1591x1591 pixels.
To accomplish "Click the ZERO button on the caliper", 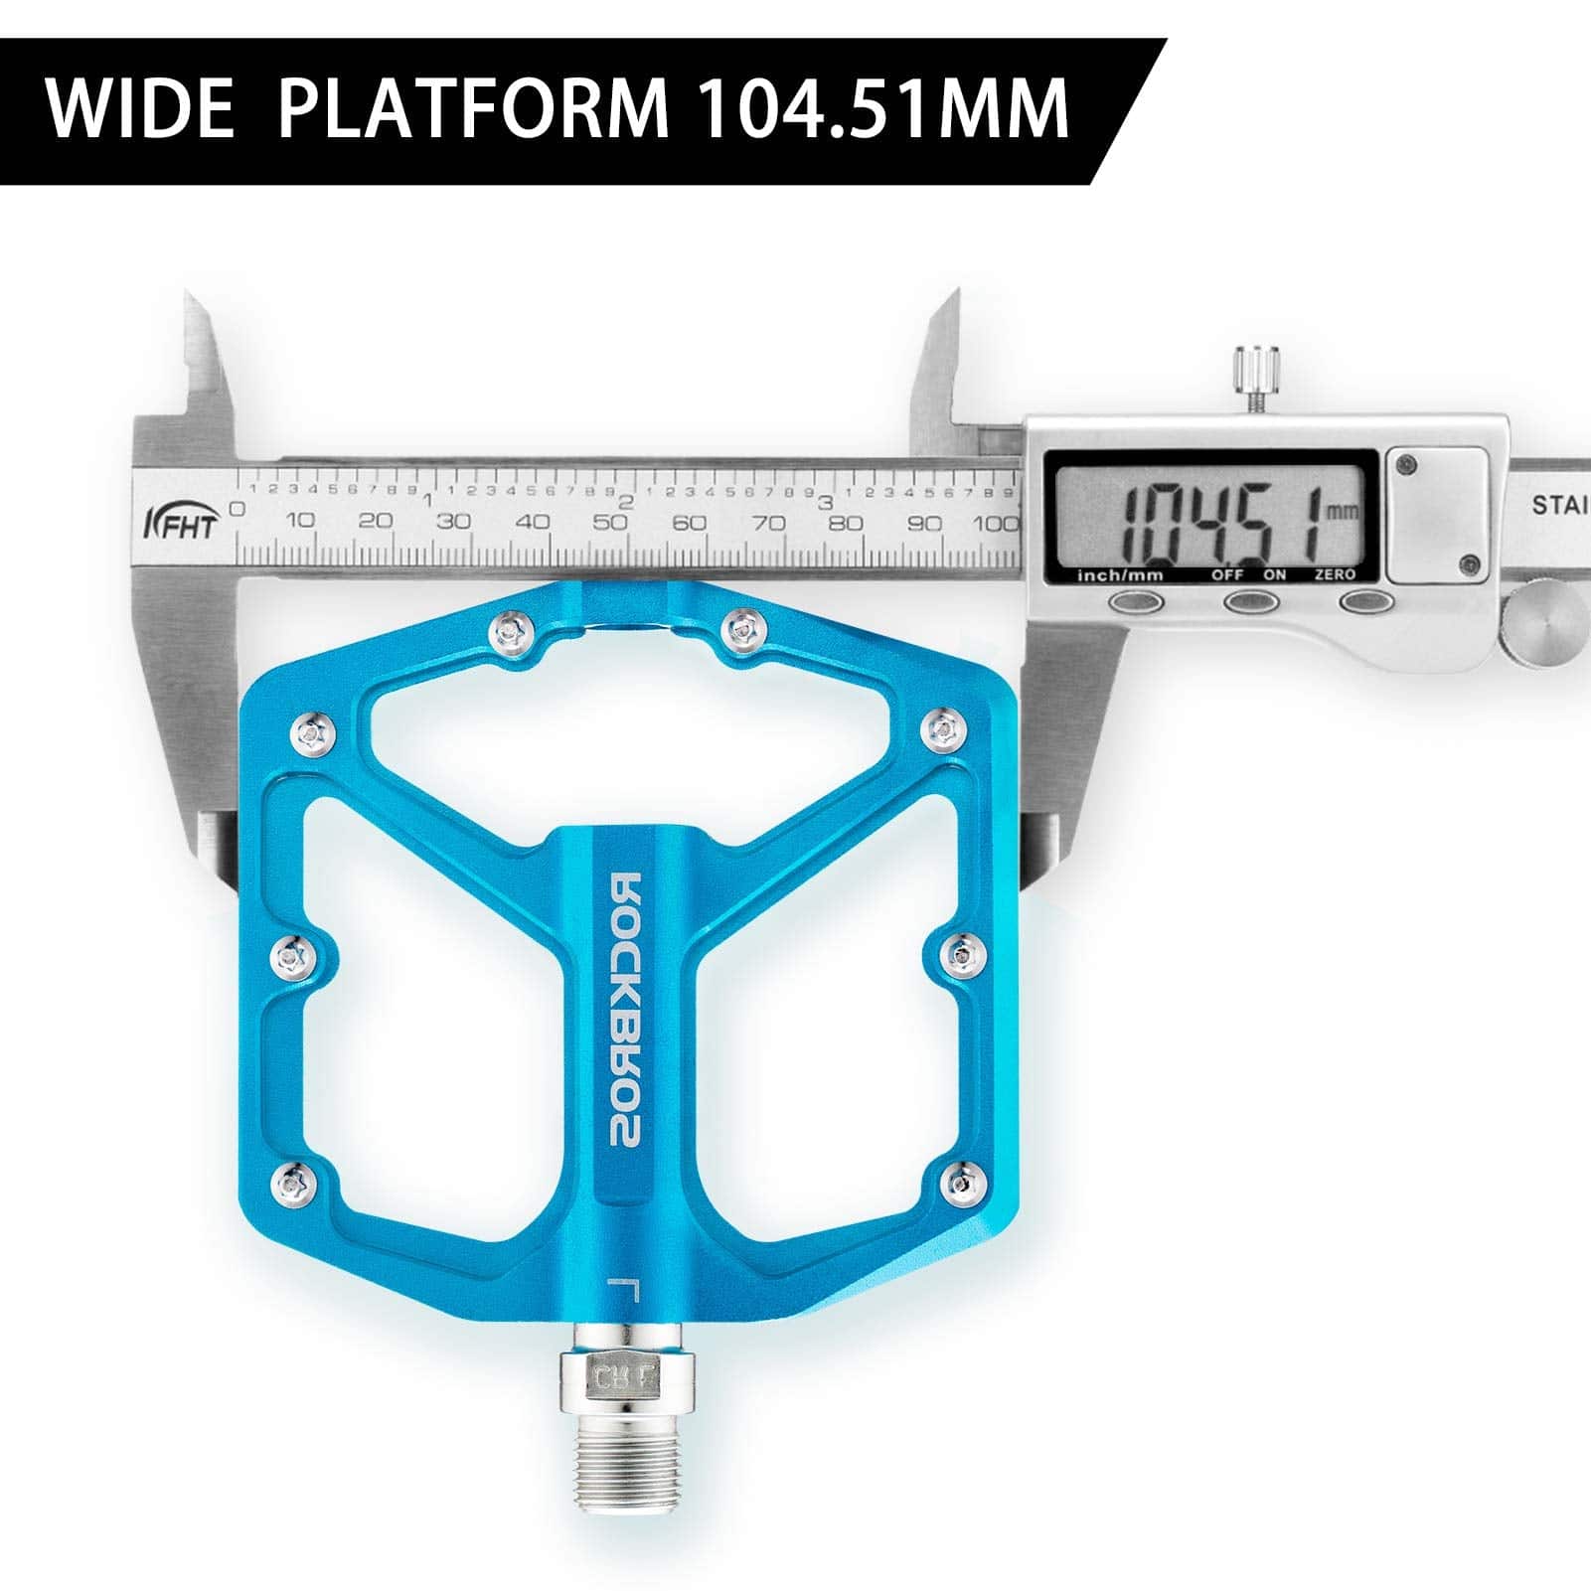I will click(1364, 601).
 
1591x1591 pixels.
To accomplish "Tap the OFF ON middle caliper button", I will click(1250, 601).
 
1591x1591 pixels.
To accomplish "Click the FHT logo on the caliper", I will click(180, 521).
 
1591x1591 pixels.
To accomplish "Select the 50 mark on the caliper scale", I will click(613, 522).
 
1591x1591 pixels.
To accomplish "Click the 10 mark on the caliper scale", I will click(301, 521).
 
